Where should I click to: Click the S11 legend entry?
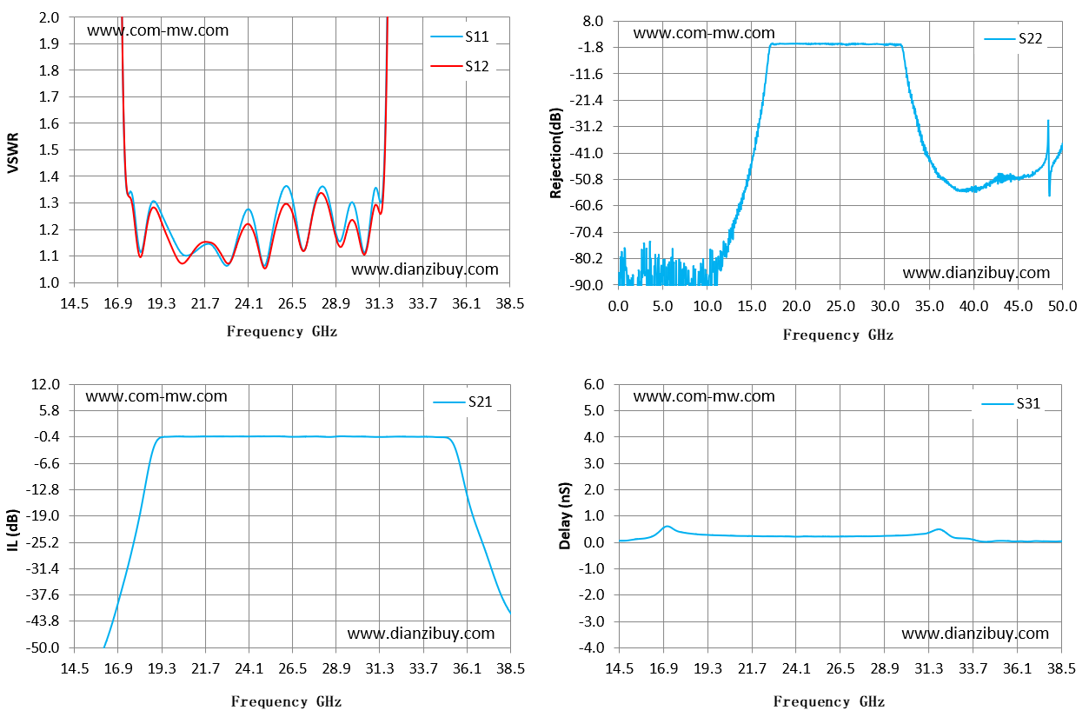[460, 37]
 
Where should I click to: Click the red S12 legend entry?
[460, 66]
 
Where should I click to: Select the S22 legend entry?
[1013, 38]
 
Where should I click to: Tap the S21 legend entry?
[462, 402]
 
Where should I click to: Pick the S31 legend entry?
[1011, 403]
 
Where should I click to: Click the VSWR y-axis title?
[13, 153]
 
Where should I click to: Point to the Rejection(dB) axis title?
[555, 153]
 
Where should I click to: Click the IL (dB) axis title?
[13, 530]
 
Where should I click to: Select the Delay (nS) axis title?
[564, 516]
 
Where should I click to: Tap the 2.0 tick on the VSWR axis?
[49, 17]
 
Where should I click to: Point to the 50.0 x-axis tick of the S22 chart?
[1063, 306]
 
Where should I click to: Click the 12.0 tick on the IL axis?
[45, 384]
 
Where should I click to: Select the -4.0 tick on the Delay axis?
[591, 647]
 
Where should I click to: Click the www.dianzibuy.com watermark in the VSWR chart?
[425, 269]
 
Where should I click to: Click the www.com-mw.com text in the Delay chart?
[704, 396]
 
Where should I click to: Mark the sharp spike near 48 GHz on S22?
[1048, 122]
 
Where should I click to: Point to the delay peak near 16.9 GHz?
[667, 527]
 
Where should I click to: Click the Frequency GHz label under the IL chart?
[286, 701]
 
